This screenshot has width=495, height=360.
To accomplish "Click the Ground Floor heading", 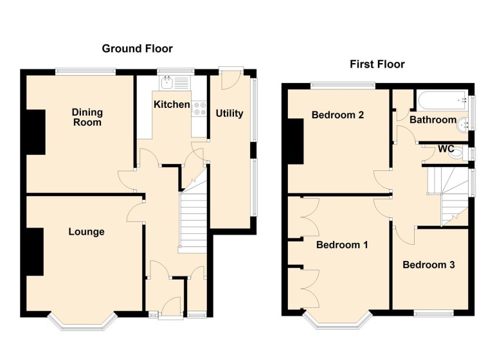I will click(137, 49).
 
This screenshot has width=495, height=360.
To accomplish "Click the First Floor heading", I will click(377, 64).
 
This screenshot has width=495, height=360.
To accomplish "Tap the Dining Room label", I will click(87, 117).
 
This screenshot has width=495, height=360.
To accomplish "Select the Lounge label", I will click(86, 231).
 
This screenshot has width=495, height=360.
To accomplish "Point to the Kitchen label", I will click(171, 104).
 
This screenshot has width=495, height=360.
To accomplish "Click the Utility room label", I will click(229, 114).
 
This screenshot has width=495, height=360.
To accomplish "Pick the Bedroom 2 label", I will click(338, 116).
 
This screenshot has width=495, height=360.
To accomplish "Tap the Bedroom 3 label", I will click(429, 265).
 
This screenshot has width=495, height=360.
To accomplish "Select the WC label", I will click(446, 148).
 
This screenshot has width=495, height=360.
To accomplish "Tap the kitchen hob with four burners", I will click(199, 107).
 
